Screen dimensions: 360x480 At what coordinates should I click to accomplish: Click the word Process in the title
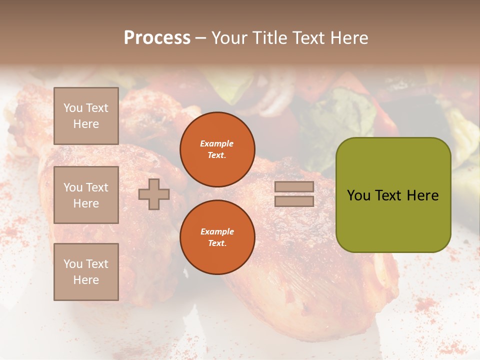157,38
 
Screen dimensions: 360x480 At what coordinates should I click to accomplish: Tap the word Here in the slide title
346,38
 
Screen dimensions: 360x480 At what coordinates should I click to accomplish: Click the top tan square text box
86,116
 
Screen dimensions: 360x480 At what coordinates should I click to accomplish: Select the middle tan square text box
86,195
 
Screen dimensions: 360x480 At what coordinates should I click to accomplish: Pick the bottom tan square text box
86,271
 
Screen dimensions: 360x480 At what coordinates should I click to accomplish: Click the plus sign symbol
154,194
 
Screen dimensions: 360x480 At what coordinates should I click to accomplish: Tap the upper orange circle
217,149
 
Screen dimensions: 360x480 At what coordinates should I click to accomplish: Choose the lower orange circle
217,237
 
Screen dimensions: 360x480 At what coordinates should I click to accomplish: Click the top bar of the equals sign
294,187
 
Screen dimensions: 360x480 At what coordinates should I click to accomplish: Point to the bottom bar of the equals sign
294,201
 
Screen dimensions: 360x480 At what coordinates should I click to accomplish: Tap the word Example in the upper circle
217,143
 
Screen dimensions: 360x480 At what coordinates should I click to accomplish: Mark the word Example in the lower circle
217,231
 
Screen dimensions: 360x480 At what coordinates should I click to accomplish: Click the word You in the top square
73,108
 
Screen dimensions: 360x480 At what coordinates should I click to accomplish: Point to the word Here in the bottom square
86,280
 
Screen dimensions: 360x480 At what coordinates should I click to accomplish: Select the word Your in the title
228,38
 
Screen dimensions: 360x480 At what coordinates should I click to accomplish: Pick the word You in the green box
358,195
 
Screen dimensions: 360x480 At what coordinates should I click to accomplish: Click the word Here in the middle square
86,203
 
